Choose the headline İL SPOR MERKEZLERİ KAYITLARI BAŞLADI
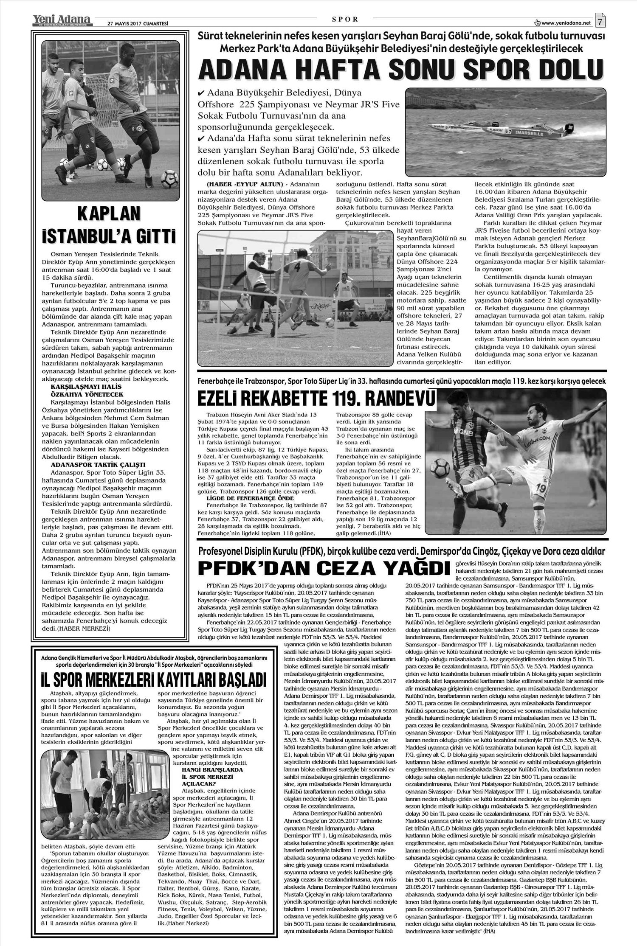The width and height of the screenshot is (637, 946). (153, 679)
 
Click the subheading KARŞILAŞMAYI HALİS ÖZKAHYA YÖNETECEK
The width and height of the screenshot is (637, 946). (86, 390)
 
